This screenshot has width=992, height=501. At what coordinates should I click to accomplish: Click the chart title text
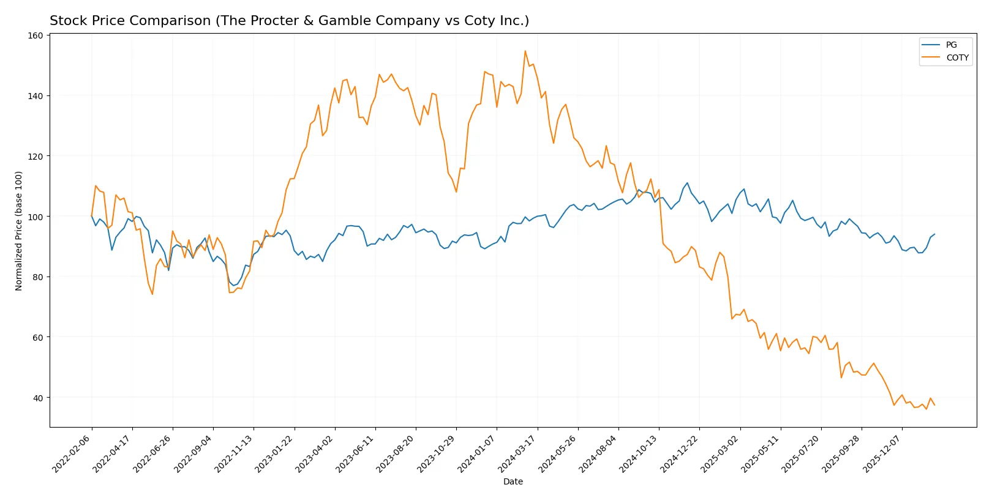289,21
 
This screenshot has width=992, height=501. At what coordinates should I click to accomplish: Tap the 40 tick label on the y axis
37,398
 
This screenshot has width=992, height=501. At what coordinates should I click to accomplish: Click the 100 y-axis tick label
36,217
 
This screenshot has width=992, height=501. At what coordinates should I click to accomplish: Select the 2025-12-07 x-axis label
882,453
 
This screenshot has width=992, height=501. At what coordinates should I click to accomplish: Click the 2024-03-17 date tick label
517,453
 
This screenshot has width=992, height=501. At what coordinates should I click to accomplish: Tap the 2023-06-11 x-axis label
356,453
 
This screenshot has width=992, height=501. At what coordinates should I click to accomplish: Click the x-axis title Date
513,481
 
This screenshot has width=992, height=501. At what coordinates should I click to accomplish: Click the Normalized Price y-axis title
19,231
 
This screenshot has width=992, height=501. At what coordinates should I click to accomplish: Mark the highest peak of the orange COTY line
525,51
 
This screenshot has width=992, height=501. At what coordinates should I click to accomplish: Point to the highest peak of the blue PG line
687,183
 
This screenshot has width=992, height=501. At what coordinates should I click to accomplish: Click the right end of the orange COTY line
934,405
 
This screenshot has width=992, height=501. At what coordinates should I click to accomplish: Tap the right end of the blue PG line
934,234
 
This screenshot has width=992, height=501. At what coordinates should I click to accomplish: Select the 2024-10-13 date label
639,453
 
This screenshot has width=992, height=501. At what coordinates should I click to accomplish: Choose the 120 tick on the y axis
36,156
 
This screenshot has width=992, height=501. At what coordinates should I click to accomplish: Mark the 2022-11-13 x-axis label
234,453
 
